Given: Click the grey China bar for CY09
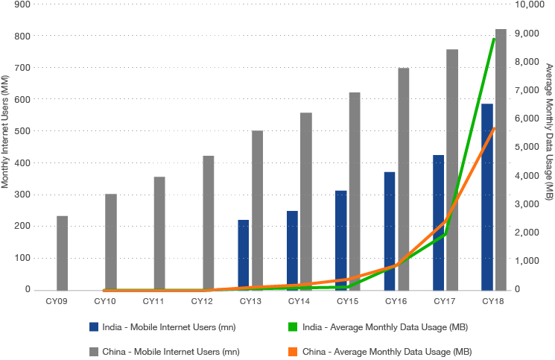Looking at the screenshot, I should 62,252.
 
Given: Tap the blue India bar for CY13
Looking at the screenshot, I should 244,254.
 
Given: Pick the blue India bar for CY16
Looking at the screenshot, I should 390,230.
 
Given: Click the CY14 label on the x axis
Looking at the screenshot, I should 299,301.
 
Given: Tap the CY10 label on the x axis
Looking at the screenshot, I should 104,301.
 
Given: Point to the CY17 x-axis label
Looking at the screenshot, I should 445,301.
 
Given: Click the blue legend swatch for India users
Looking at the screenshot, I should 94,326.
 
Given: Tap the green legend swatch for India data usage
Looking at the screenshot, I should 293,326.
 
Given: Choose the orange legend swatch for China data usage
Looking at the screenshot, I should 293,350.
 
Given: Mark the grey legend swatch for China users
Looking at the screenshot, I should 94,350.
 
